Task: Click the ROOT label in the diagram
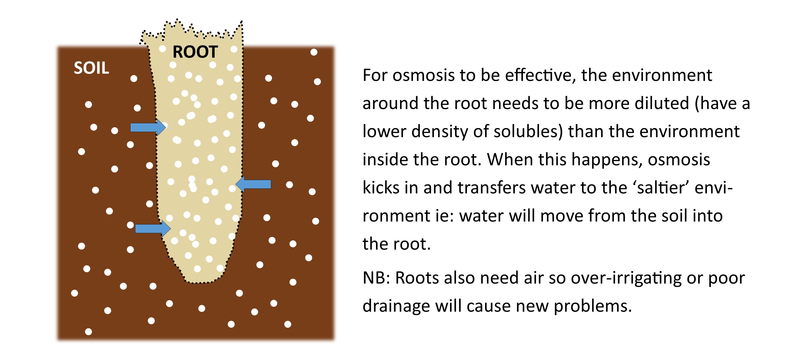pyautogui.click(x=195, y=52)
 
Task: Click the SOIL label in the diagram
pyautogui.click(x=91, y=68)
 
